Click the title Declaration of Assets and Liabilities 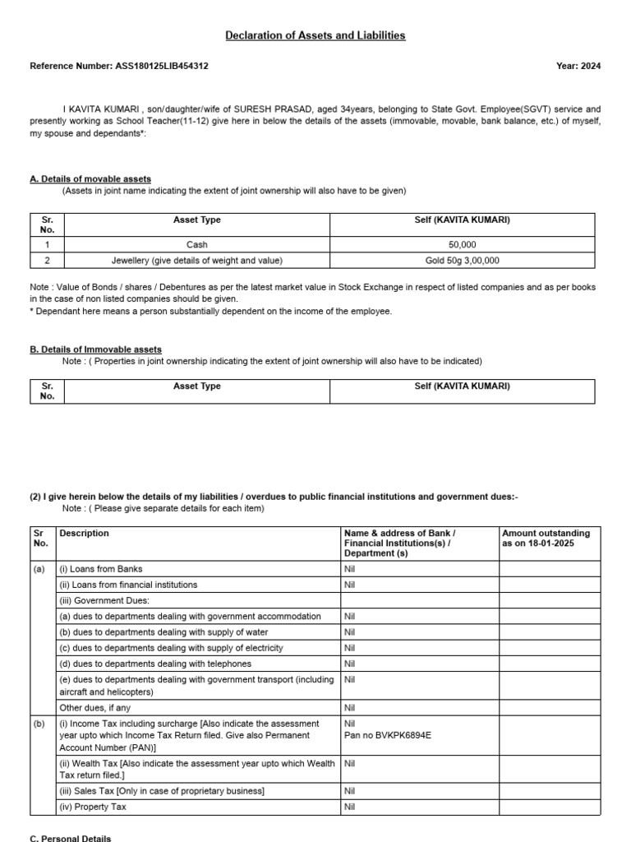tap(315, 35)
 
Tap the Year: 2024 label tap(578, 66)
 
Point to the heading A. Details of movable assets tap(90, 178)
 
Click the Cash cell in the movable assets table tap(197, 244)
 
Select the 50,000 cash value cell tap(463, 244)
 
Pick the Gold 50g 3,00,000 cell tap(463, 261)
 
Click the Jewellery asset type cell tap(197, 261)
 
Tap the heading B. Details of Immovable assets tap(95, 349)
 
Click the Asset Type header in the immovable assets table tap(197, 386)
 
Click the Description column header tap(84, 534)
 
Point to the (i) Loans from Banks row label tap(101, 569)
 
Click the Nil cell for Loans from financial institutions tap(350, 585)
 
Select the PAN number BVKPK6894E tap(388, 735)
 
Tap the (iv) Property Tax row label tap(93, 807)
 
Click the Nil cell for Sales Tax tap(350, 791)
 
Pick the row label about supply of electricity tap(171, 648)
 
